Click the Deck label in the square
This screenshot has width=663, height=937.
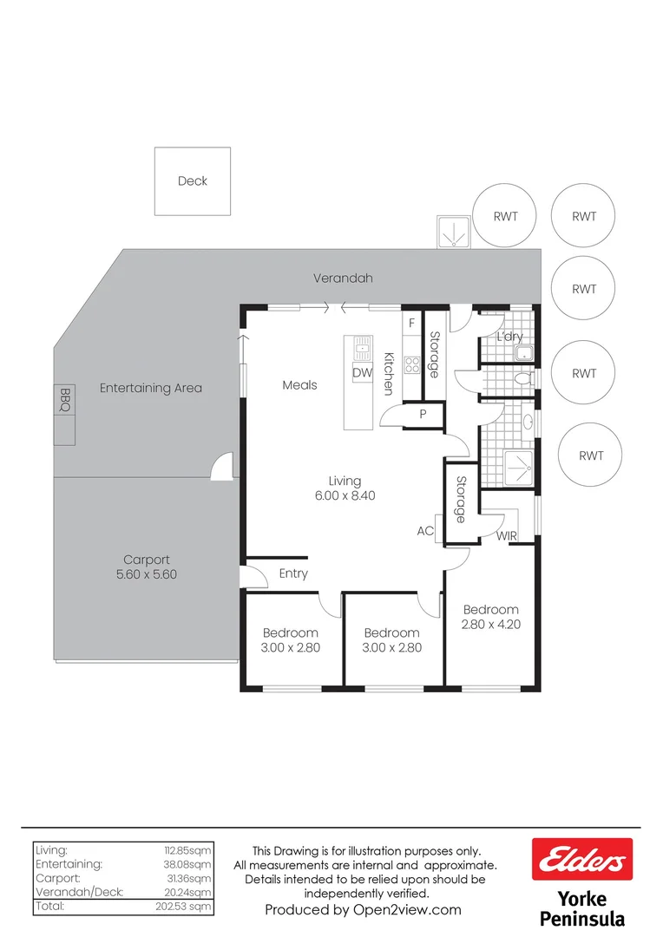tap(193, 181)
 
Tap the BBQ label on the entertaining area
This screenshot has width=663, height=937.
tap(64, 399)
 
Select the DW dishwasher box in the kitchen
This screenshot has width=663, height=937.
tap(363, 372)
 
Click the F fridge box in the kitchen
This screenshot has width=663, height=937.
tap(412, 323)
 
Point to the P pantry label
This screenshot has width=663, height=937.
tap(423, 415)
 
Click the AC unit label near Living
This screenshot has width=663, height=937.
tap(425, 531)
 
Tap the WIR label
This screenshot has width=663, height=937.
tap(507, 536)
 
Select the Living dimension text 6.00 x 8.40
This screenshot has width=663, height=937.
tap(345, 496)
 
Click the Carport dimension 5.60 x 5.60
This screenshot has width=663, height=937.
tap(147, 574)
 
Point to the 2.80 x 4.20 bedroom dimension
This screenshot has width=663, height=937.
tap(491, 624)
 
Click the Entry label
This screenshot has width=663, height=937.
tap(293, 573)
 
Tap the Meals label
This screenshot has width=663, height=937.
tap(299, 384)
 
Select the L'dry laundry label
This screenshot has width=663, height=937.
tap(509, 337)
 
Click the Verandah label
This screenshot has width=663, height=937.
tap(343, 278)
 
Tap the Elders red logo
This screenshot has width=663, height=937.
tap(582, 860)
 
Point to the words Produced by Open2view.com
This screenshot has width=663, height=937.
tap(363, 910)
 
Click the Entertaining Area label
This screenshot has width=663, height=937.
tap(150, 388)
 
